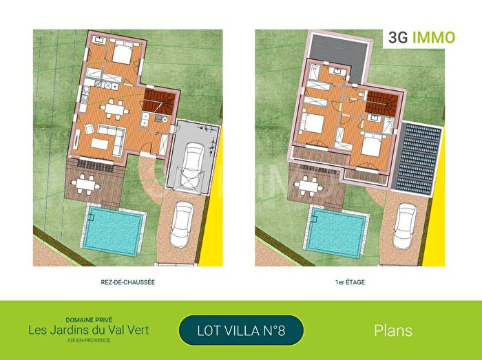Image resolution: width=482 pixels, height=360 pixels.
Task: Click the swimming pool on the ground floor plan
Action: (x=114, y=230)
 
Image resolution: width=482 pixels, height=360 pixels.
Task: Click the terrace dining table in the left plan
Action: (x=86, y=184)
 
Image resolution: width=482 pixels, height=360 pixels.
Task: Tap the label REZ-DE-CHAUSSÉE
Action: (x=127, y=282)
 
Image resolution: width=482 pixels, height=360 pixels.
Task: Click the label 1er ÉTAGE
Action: (x=350, y=282)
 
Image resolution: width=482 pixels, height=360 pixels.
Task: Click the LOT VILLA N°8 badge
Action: (x=241, y=330)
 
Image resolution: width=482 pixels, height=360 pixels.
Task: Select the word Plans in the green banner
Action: (x=393, y=330)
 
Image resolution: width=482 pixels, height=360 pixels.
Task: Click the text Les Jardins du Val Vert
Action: (x=89, y=330)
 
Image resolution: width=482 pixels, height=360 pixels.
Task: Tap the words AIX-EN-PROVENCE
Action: (x=89, y=341)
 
